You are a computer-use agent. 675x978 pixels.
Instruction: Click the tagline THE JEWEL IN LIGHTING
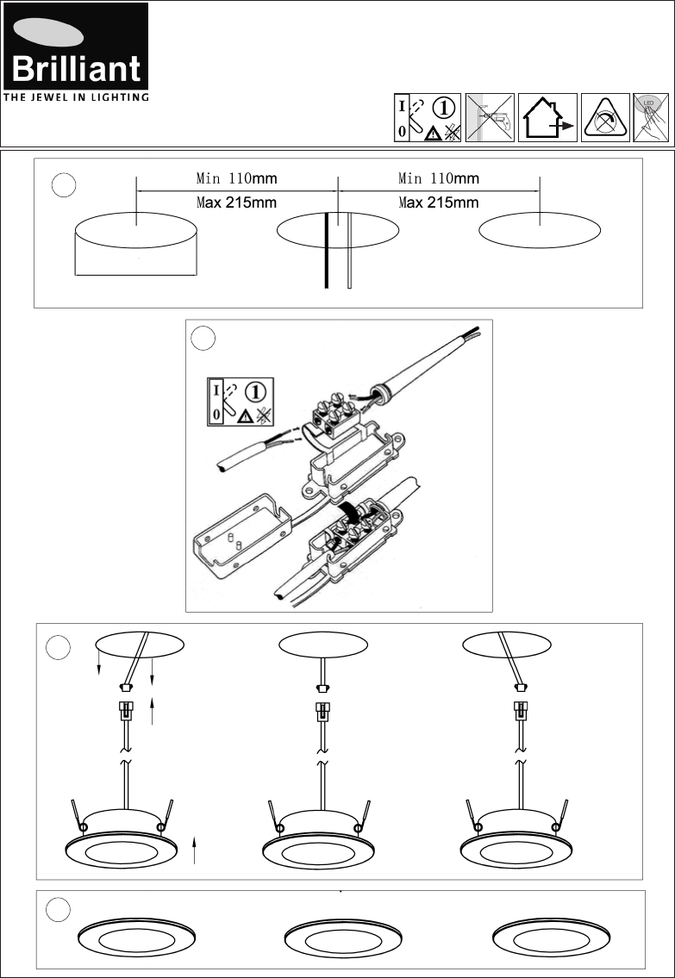pyautogui.click(x=76, y=97)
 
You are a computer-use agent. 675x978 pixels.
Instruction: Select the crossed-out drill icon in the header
pyautogui.click(x=490, y=117)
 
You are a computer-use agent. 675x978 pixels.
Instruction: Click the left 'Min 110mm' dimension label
pyautogui.click(x=236, y=179)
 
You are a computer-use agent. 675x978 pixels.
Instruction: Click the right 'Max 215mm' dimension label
pyautogui.click(x=438, y=203)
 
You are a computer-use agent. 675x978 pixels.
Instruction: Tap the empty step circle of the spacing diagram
pyautogui.click(x=63, y=185)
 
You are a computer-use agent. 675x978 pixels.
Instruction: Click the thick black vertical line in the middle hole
pyautogui.click(x=326, y=250)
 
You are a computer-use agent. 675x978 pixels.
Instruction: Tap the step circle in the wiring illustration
pyautogui.click(x=203, y=338)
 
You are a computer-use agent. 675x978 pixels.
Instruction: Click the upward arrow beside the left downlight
pyautogui.click(x=195, y=849)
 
